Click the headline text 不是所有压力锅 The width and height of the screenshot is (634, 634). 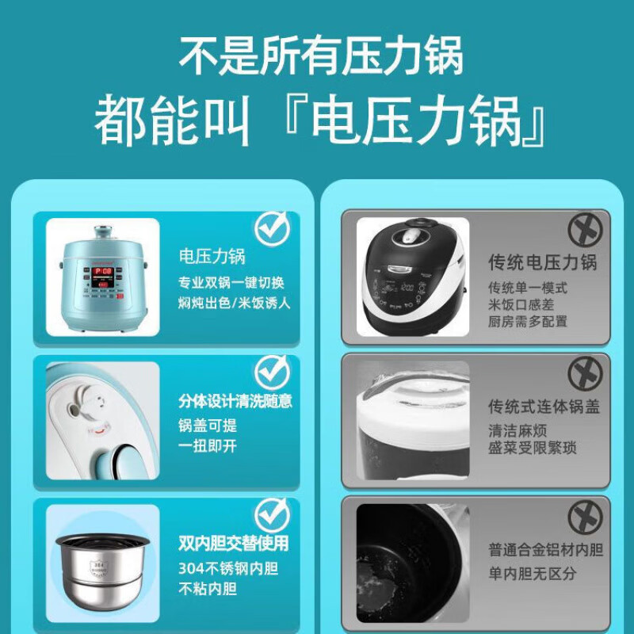[320, 57]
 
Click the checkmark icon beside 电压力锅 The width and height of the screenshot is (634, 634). [272, 227]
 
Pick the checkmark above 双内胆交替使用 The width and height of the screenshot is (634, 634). [272, 514]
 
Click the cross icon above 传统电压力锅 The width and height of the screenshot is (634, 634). [585, 231]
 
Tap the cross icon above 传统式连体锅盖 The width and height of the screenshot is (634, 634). [585, 373]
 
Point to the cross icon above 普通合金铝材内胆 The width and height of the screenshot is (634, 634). [585, 516]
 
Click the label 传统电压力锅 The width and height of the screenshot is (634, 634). [542, 262]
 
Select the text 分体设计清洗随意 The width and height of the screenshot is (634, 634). [235, 401]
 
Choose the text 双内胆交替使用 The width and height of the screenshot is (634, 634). [233, 544]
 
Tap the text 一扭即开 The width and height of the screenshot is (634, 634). [208, 445]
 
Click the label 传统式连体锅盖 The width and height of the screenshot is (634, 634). [544, 407]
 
